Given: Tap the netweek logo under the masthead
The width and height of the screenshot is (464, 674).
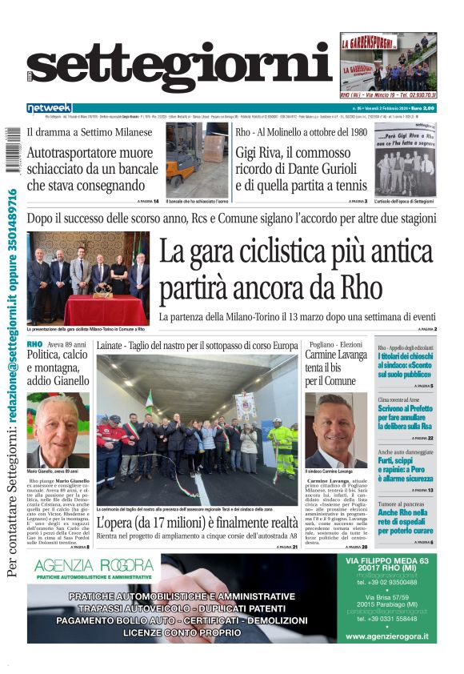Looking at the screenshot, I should (x=49, y=107).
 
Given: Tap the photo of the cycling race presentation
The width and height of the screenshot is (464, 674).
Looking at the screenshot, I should (x=88, y=278).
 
